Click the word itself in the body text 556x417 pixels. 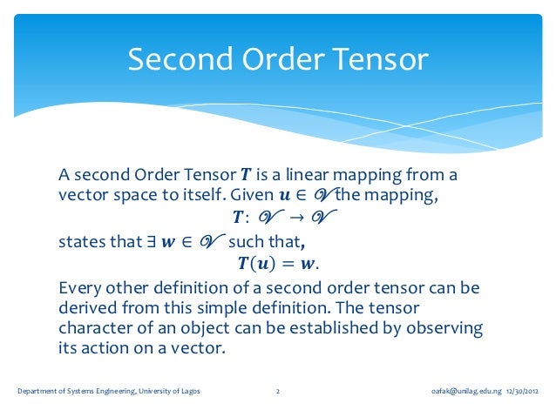[202, 194]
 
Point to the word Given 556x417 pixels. [252, 194]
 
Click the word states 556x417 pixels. [83, 241]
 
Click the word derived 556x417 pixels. [87, 308]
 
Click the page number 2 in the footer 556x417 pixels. [277, 391]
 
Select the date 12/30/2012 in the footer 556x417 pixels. [523, 391]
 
